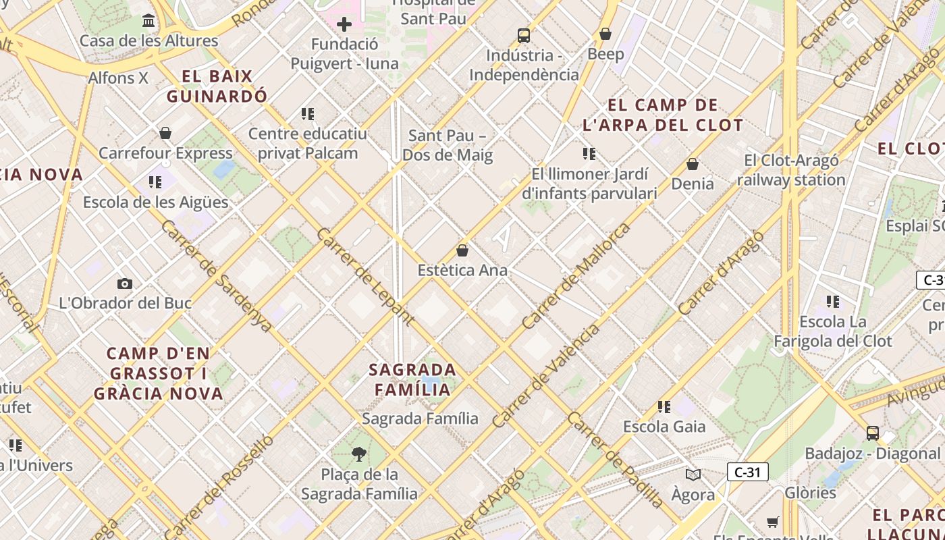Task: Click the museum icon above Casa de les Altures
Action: coord(149,21)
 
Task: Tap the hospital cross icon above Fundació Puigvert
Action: coord(344,25)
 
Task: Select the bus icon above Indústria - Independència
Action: coord(524,36)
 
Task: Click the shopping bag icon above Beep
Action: coord(605,34)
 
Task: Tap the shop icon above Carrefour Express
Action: coord(165,133)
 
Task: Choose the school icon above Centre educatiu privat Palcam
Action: coord(308,114)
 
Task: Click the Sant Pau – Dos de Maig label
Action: coord(448,145)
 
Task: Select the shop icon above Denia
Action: coord(693,164)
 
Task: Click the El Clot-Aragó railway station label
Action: coord(791,170)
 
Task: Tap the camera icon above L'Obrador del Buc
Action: coord(125,283)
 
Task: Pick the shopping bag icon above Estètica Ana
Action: coord(462,250)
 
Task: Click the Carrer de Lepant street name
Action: coord(365,277)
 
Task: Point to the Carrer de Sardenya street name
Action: coord(217,275)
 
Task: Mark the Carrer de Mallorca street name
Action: coord(576,276)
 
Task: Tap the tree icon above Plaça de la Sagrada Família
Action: coord(359,454)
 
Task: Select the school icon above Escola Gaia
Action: coord(664,407)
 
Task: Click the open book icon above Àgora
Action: coord(693,475)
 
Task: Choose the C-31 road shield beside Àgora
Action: coord(747,472)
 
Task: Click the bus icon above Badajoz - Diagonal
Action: coord(873,433)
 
